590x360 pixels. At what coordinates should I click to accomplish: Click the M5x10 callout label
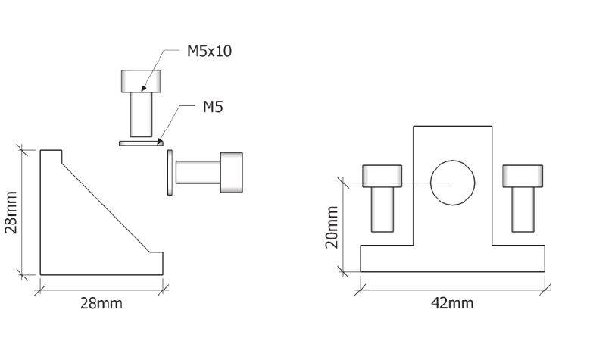point(209,51)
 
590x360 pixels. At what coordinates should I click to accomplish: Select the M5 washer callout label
point(213,107)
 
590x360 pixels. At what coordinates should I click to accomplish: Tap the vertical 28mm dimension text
point(11,212)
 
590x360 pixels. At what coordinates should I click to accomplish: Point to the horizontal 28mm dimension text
point(101,303)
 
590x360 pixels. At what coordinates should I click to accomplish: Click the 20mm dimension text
point(332,227)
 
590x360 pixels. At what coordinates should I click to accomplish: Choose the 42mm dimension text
point(452,302)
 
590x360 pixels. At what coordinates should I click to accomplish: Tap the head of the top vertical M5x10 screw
point(141,81)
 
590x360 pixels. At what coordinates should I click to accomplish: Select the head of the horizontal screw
point(232,173)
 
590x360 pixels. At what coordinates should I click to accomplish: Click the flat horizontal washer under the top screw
point(141,143)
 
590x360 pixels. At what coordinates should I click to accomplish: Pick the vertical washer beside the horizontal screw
point(170,173)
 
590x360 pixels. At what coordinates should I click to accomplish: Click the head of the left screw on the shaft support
point(382,177)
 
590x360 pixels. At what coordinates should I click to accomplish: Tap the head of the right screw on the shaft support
point(523,177)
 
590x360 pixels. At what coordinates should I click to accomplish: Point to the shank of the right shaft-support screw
point(523,210)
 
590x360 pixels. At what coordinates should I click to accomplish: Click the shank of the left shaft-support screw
point(382,210)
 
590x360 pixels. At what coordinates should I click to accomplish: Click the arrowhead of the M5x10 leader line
point(143,89)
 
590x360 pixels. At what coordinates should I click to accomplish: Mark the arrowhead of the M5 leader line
point(161,142)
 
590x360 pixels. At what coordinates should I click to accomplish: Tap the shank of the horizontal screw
point(198,173)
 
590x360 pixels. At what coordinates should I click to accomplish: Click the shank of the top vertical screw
point(141,114)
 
